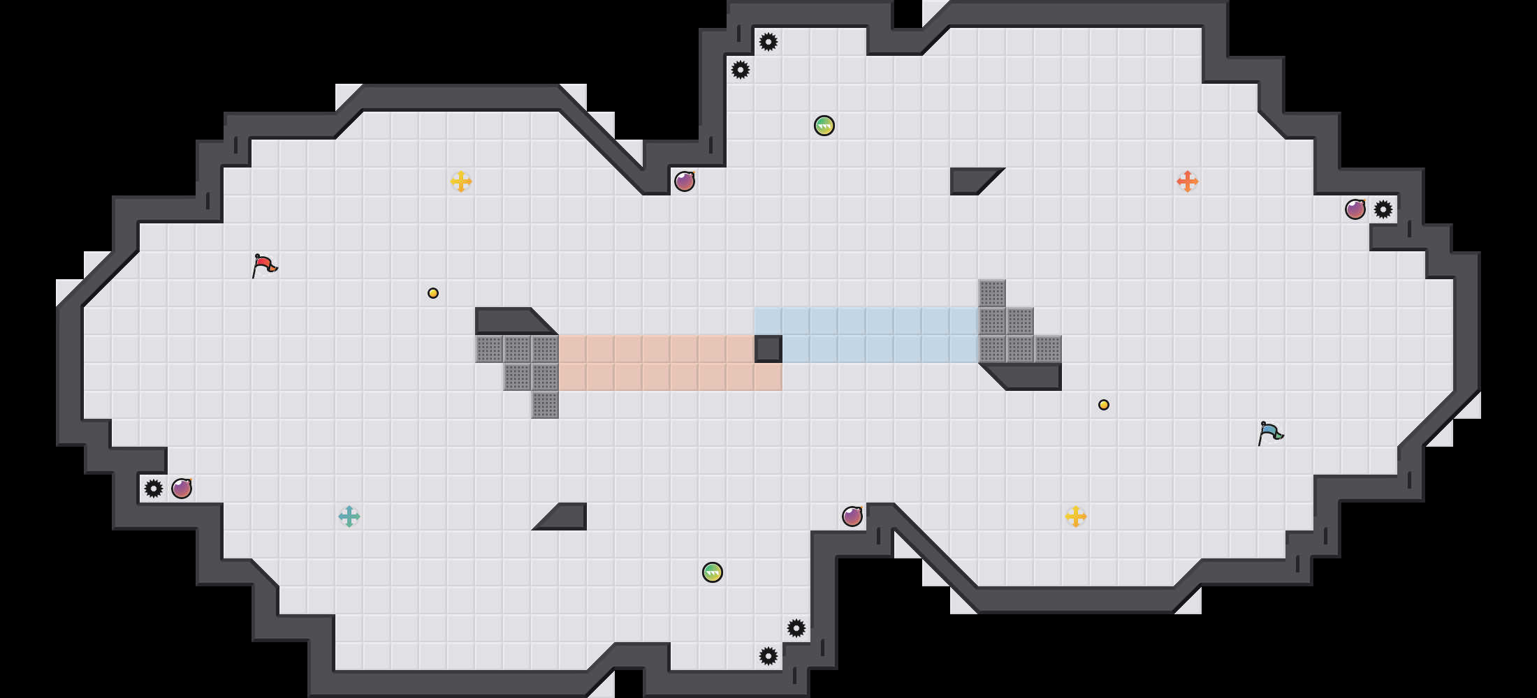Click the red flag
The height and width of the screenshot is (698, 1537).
264,265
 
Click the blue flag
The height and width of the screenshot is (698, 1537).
1270,433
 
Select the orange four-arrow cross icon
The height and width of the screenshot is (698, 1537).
1188,181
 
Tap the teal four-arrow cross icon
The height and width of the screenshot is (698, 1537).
349,517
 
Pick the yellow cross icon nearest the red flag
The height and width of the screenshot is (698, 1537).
461,181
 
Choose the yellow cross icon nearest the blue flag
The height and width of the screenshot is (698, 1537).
1076,517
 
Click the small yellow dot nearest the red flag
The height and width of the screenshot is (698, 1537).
433,293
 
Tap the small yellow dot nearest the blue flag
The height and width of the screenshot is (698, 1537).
1104,405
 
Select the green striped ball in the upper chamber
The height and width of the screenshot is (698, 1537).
824,126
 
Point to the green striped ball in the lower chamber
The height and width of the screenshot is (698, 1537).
713,572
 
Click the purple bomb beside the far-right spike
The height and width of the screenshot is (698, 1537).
1355,209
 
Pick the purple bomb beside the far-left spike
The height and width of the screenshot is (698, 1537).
182,489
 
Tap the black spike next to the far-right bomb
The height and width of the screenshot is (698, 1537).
1383,209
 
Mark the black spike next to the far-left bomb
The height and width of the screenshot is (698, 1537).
154,489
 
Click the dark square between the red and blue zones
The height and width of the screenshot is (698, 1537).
768,349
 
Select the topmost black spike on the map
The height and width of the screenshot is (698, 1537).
768,42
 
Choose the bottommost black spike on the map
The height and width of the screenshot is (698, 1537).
768,656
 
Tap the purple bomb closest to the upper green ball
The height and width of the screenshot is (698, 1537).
685,181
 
